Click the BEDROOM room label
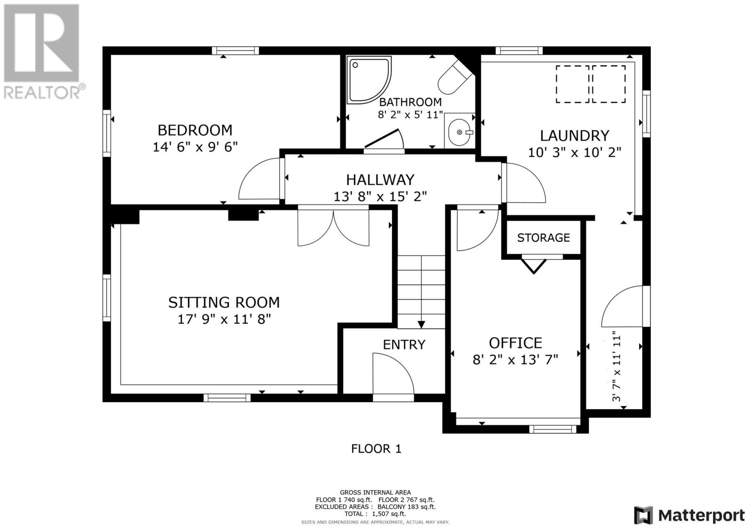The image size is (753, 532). coord(195,130)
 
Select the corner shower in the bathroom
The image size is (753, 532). coord(369,79)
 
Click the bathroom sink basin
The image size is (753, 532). coord(459,132)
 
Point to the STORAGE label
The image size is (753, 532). coord(543,238)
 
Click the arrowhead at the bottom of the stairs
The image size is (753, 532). coord(421,325)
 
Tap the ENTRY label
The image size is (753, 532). coord(404,344)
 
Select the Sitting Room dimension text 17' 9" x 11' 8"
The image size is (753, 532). coord(224,319)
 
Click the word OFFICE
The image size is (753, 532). coord(515,343)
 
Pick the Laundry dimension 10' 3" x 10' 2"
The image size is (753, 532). coord(575,152)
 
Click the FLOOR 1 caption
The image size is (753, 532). coord(376,449)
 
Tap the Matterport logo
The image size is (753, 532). coord(689,515)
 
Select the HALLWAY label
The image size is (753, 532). coord(380,180)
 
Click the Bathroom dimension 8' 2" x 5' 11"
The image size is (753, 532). coord(410,115)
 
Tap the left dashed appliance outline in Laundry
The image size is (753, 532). coord(572,84)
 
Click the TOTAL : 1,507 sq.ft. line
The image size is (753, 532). coord(375,514)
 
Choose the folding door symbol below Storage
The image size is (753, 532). coord(534,266)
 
